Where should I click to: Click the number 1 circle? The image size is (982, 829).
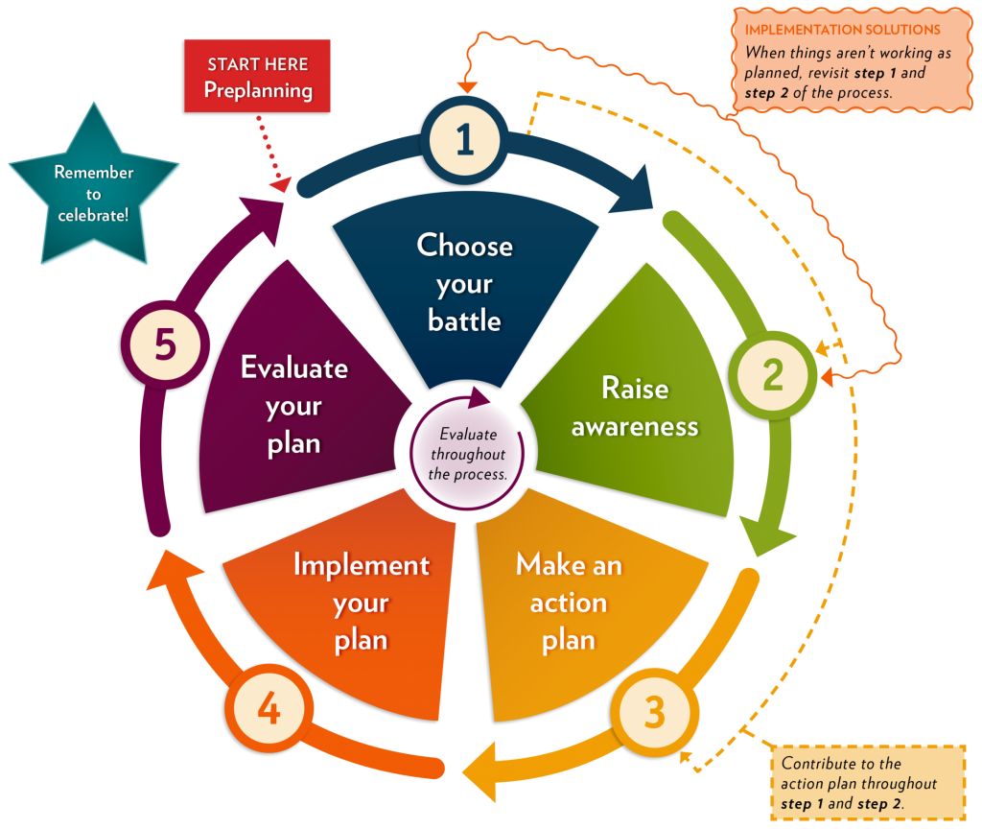pyautogui.click(x=465, y=139)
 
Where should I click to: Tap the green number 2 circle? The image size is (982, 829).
pyautogui.click(x=773, y=374)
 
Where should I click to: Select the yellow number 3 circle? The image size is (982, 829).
pyautogui.click(x=654, y=712)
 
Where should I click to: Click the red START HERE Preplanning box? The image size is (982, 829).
pyautogui.click(x=257, y=77)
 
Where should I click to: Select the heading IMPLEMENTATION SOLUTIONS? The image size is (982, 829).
pyautogui.click(x=842, y=30)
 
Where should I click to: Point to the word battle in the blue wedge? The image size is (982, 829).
pyautogui.click(x=464, y=320)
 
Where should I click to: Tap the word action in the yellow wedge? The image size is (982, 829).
pyautogui.click(x=568, y=603)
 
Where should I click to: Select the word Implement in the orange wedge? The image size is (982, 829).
pyautogui.click(x=361, y=564)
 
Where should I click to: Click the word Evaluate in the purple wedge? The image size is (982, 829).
pyautogui.click(x=293, y=367)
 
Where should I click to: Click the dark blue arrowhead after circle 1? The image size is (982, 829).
pyautogui.click(x=633, y=197)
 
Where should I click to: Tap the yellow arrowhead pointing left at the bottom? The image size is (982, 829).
pyautogui.click(x=480, y=768)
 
